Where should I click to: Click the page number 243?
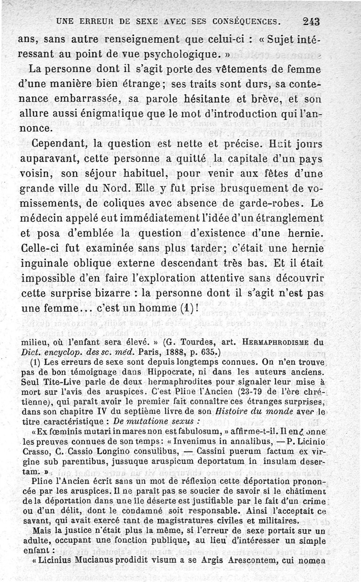311,21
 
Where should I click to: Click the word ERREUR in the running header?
91,21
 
